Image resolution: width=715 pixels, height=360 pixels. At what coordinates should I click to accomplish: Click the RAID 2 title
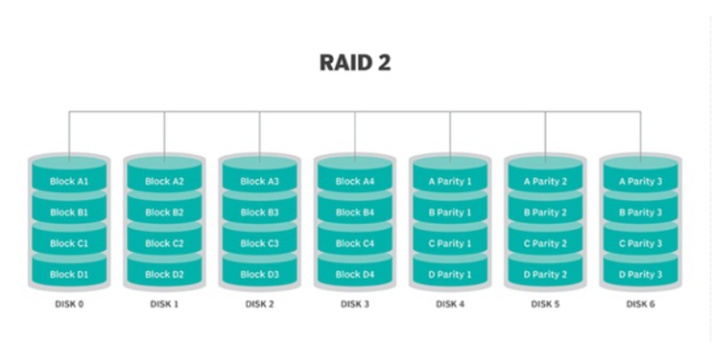tap(355, 64)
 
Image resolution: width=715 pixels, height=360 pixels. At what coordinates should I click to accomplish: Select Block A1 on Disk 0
tap(68, 181)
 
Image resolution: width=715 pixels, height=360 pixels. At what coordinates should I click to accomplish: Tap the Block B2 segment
tap(164, 212)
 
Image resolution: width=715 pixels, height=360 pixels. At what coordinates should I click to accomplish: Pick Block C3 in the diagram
tap(259, 244)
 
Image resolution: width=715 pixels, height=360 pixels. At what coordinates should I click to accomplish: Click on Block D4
tap(355, 275)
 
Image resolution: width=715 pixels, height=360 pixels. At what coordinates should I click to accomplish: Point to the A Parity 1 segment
tap(450, 181)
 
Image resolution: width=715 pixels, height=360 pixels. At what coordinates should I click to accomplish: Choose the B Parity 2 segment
tap(545, 212)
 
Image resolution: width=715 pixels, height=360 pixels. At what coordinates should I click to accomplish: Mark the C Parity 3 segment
tap(641, 244)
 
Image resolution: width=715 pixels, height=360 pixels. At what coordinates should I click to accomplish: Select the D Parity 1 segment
tap(450, 275)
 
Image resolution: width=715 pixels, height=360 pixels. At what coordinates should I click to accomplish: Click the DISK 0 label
tap(68, 305)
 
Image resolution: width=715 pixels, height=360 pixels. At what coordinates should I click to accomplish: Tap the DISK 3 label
tap(355, 305)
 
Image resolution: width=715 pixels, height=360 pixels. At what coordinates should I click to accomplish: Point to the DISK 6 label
tap(641, 305)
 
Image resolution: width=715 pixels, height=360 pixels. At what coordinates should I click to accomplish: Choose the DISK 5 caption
tap(545, 305)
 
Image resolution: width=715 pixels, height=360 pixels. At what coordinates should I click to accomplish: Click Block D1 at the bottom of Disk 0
tap(68, 275)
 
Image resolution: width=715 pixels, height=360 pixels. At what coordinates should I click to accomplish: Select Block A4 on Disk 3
tap(355, 181)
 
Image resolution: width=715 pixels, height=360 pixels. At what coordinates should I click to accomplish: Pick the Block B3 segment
tap(259, 212)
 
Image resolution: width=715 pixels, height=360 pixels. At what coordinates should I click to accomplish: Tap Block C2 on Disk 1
tap(164, 244)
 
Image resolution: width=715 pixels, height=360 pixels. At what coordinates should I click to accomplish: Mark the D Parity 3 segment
tap(641, 275)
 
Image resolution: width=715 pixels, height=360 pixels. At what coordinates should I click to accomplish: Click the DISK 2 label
tap(259, 305)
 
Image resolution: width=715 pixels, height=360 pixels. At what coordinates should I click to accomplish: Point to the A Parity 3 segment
tap(641, 181)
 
